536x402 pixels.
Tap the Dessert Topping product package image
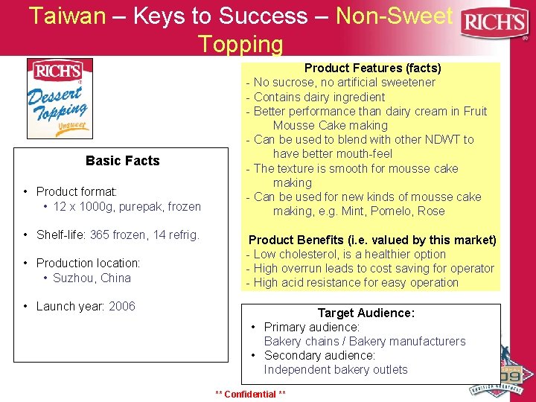pyautogui.click(x=60, y=99)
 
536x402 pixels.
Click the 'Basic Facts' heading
pyautogui.click(x=122, y=161)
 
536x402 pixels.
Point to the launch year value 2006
pyautogui.click(x=122, y=306)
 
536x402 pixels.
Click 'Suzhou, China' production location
pyautogui.click(x=92, y=278)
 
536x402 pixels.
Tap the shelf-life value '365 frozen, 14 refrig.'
pyautogui.click(x=144, y=235)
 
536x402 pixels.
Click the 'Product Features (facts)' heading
pyautogui.click(x=372, y=68)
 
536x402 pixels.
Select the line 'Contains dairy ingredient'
pyautogui.click(x=319, y=97)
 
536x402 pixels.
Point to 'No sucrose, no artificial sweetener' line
pyautogui.click(x=344, y=83)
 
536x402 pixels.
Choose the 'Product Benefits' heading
pyautogui.click(x=371, y=240)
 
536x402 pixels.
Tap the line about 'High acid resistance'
pyautogui.click(x=356, y=282)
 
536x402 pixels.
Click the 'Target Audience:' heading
pyautogui.click(x=366, y=313)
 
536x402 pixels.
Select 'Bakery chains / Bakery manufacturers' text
pyautogui.click(x=364, y=341)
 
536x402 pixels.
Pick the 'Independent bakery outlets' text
pyautogui.click(x=335, y=369)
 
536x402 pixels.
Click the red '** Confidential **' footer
pyautogui.click(x=250, y=394)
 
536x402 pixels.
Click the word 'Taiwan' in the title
pyautogui.click(x=68, y=16)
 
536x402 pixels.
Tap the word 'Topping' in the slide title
pyautogui.click(x=240, y=44)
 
